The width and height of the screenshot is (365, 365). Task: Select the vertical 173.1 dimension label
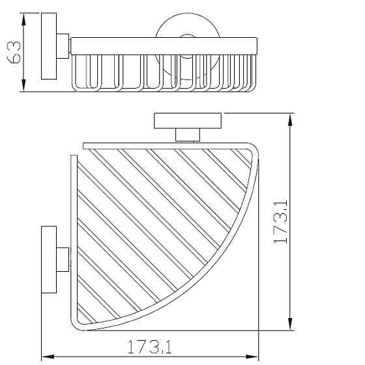pos(281,222)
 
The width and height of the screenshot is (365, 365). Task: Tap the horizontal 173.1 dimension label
pos(149,347)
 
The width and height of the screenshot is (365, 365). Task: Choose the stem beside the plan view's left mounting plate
pos(63,259)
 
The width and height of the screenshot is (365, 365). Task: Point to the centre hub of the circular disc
pos(177,43)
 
